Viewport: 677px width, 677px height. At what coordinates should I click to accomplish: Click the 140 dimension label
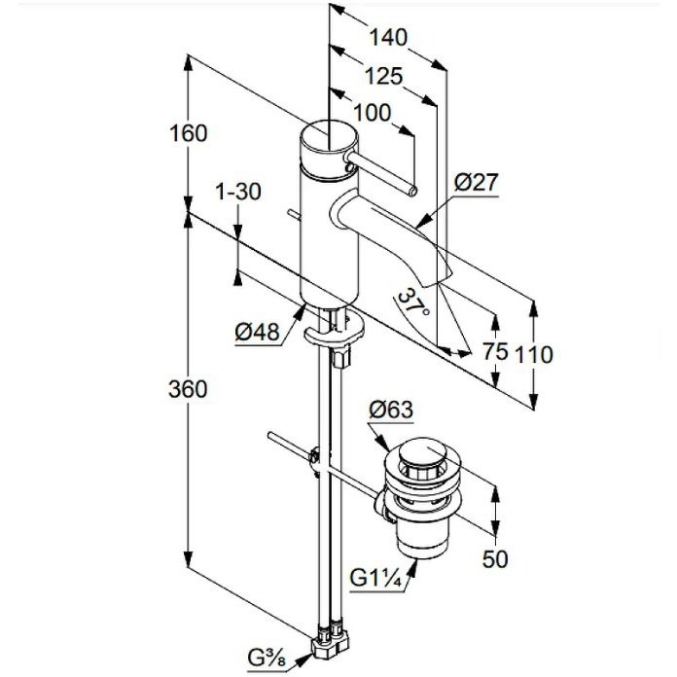[x=388, y=38]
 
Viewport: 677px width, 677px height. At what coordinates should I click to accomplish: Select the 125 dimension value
[x=383, y=77]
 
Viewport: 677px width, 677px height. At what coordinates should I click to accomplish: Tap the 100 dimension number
[x=373, y=113]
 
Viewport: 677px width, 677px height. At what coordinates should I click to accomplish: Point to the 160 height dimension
[x=189, y=133]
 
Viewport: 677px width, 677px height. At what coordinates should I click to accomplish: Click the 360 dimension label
[x=188, y=389]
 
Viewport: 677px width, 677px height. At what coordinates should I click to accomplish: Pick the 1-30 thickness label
[x=238, y=192]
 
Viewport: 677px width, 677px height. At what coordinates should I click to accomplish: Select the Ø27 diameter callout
[x=477, y=183]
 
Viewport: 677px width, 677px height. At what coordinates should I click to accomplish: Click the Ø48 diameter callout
[x=258, y=333]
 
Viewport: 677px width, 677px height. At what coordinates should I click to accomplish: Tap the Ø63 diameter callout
[x=391, y=410]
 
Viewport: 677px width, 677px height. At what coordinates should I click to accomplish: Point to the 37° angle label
[x=413, y=302]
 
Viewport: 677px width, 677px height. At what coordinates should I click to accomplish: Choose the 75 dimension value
[x=495, y=351]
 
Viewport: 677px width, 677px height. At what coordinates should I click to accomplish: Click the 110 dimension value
[x=534, y=355]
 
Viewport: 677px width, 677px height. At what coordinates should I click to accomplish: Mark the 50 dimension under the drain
[x=495, y=559]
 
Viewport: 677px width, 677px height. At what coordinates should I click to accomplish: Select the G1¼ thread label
[x=375, y=578]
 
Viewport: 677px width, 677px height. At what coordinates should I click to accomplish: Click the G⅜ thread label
[x=267, y=659]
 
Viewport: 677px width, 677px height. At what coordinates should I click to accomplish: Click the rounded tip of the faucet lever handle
[x=412, y=192]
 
